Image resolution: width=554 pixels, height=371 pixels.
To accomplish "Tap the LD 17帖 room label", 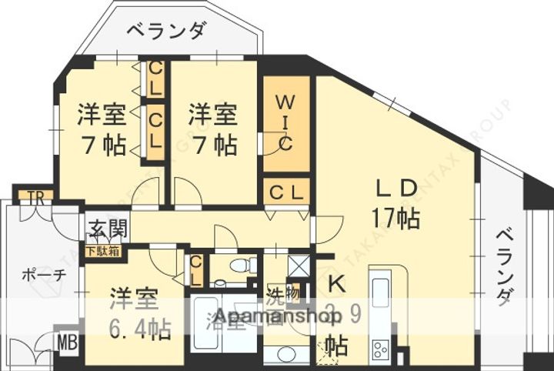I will (395, 204).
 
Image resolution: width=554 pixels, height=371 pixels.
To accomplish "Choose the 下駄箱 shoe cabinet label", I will (102, 250).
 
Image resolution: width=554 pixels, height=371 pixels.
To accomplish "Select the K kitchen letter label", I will (335, 284).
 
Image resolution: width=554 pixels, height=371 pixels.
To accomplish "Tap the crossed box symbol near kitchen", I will (297, 264).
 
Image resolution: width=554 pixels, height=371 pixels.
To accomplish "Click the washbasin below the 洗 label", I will (284, 353).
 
